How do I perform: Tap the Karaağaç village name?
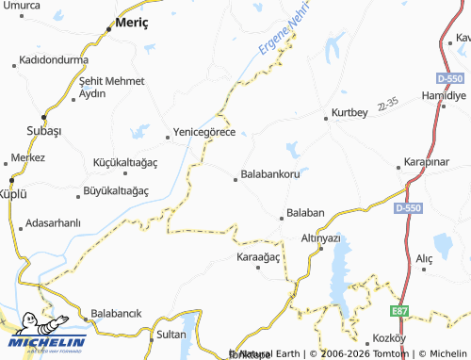tap(260, 256)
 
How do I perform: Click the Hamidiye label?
tap(445, 96)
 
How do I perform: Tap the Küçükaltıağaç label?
tap(124, 162)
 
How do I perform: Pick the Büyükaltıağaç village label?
tap(117, 191)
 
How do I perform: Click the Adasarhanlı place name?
tap(55, 223)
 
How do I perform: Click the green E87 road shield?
tap(400, 309)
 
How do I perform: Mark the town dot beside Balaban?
tap(281, 219)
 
